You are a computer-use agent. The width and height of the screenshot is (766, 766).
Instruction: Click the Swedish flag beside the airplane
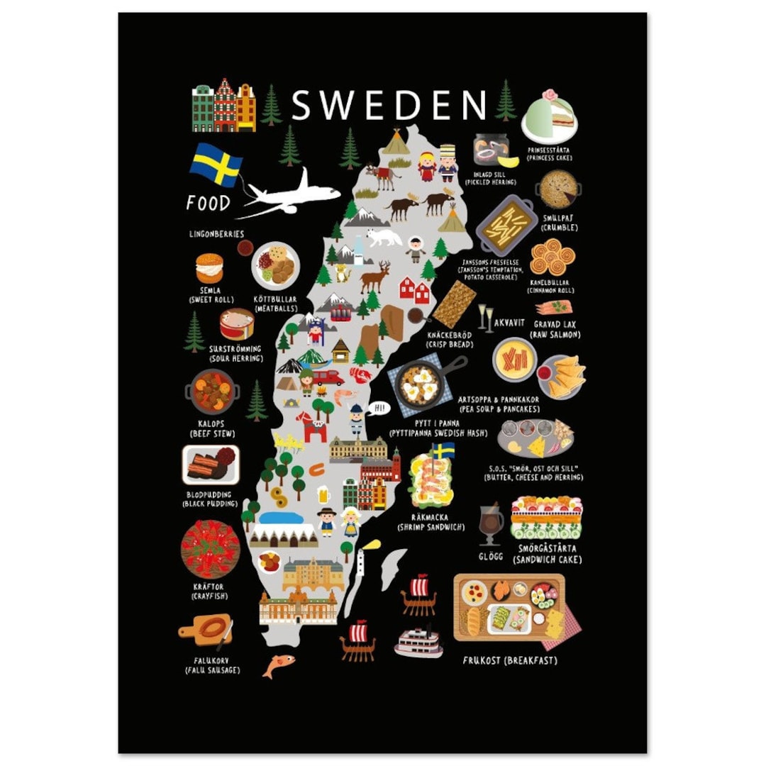tap(216, 164)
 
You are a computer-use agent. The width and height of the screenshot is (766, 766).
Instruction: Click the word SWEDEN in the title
tap(389, 105)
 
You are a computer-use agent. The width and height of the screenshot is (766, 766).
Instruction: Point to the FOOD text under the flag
tap(209, 204)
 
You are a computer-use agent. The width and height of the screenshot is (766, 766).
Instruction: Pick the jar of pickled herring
tap(492, 150)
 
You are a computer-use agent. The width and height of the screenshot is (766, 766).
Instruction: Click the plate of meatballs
tap(276, 265)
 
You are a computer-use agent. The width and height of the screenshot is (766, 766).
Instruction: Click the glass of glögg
tap(490, 523)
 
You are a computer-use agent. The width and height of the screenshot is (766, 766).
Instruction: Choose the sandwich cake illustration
tap(547, 518)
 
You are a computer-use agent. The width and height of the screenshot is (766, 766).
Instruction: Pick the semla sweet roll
tap(209, 268)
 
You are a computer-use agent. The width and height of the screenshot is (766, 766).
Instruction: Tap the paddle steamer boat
tap(418, 642)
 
